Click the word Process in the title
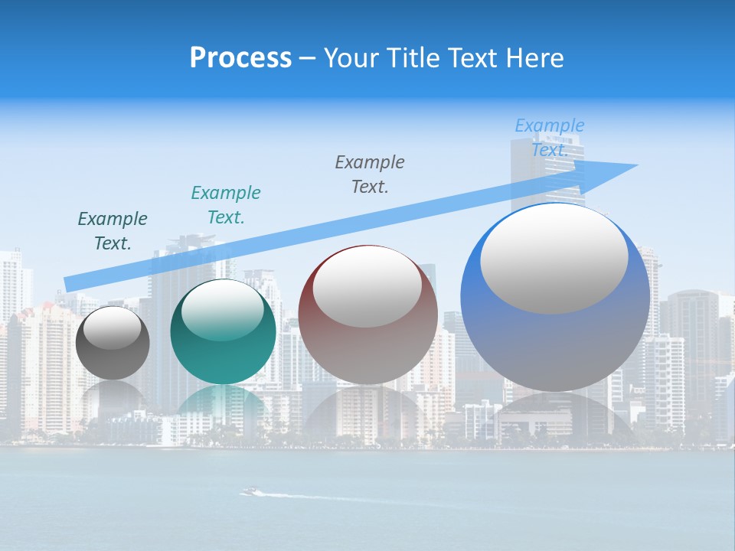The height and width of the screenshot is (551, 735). tap(240, 58)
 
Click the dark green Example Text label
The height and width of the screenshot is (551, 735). tap(113, 231)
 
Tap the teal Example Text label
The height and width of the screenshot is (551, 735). tap(226, 205)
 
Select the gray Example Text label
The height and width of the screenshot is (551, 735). tap(370, 174)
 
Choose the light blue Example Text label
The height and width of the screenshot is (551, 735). tap(550, 137)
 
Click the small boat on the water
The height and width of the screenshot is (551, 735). tap(250, 491)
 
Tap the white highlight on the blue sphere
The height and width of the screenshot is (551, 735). tap(554, 259)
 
